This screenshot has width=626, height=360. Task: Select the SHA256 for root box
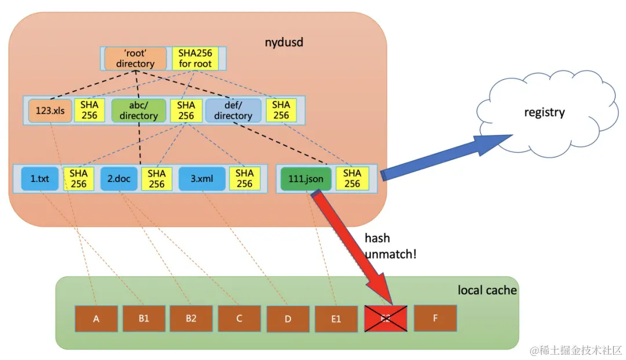pos(195,59)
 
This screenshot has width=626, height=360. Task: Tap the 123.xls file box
pos(50,110)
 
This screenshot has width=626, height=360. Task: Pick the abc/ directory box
pos(139,110)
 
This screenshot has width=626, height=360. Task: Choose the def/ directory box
pos(233,110)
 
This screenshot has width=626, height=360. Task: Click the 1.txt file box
pos(40,179)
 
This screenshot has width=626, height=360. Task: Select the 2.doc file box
pos(119,179)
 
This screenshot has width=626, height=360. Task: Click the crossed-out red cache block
pos(385,318)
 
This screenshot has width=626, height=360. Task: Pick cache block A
pos(96,318)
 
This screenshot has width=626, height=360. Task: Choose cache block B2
pos(191,318)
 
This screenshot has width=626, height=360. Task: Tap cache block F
pos(435,318)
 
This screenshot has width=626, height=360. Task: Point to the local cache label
pos(487,290)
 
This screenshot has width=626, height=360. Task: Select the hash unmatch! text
pos(390,246)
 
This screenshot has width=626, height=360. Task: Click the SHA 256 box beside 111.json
pos(352,179)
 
